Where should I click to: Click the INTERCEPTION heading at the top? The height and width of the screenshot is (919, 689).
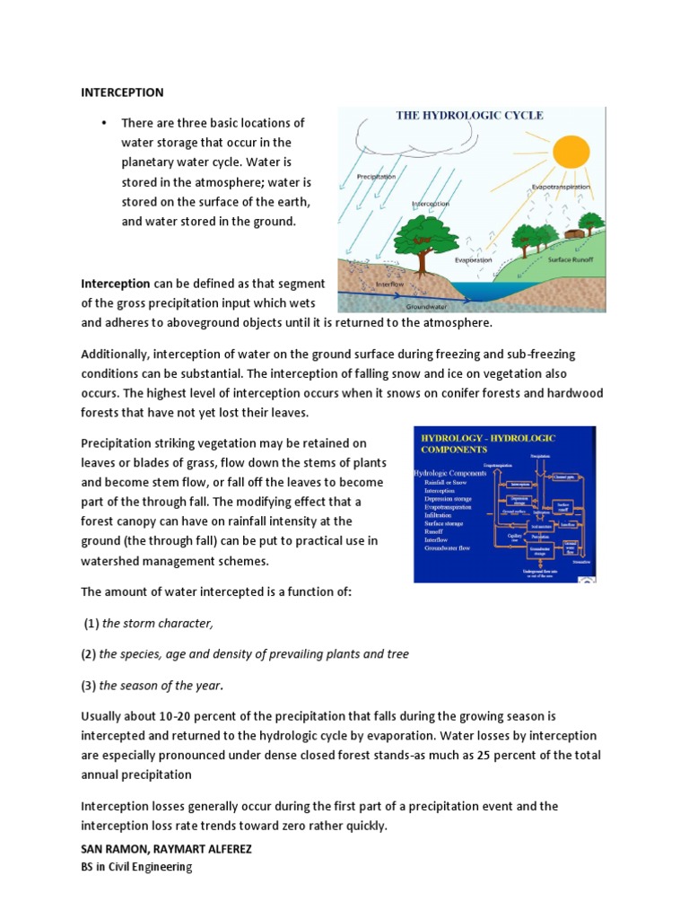(x=122, y=92)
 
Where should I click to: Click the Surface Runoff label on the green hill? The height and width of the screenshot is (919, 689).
(x=571, y=258)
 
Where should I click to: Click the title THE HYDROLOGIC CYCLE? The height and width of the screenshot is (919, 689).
(x=470, y=116)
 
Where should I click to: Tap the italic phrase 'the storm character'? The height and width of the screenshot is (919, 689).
(x=158, y=623)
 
